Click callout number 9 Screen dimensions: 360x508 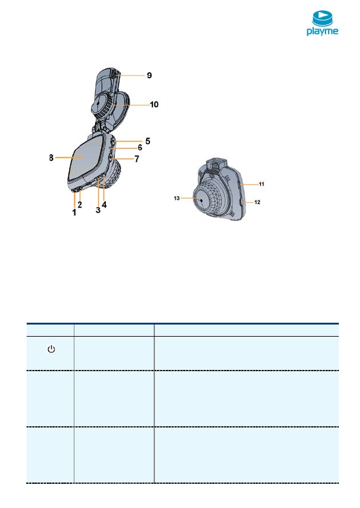coord(149,75)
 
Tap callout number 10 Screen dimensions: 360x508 coord(154,104)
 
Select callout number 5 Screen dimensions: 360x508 coord(148,141)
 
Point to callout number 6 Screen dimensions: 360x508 coord(140,147)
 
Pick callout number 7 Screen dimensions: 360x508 coord(137,159)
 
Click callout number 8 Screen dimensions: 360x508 coord(51,158)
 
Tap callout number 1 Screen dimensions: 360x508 coord(74,213)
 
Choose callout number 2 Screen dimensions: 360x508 coord(80,205)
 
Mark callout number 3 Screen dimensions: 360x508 coord(98,210)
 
